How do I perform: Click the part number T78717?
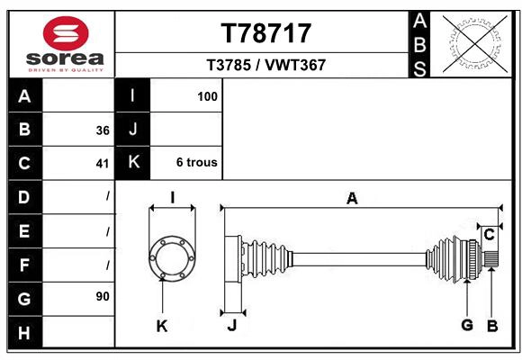coord(266,33)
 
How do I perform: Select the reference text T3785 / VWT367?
coord(266,65)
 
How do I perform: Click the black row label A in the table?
coord(24,95)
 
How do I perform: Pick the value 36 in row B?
coord(102,130)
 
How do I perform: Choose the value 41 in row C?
coord(102,164)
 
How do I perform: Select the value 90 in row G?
coord(102,296)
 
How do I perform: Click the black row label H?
coord(24,332)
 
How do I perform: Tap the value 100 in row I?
coord(208,95)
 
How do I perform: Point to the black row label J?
coord(133,130)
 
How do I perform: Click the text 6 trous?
coord(196,163)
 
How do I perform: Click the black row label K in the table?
coord(133,163)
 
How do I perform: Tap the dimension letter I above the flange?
coord(172,198)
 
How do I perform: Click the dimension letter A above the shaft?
coord(352,199)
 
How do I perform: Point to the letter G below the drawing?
coord(466,326)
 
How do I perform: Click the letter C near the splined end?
coord(489,235)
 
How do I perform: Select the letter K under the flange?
coord(162,326)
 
